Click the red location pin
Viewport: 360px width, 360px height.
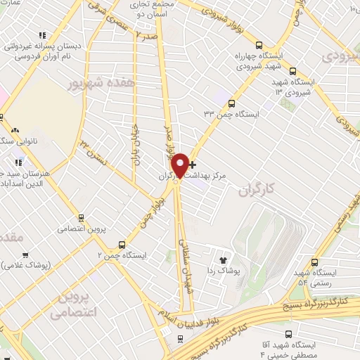pyautogui.click(x=181, y=165)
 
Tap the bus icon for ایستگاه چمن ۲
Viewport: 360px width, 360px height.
pyautogui.click(x=122, y=245)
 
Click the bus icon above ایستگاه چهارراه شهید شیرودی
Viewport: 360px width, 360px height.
pyautogui.click(x=259, y=43)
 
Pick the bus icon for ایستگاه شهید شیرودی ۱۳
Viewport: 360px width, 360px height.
pyautogui.click(x=292, y=71)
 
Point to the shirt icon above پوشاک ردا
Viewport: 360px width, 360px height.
pyautogui.click(x=226, y=259)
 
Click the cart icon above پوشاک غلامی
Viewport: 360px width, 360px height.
pyautogui.click(x=25, y=255)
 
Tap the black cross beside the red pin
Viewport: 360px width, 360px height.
pyautogui.click(x=192, y=164)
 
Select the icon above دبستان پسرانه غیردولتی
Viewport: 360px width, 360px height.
pyautogui.click(x=42, y=35)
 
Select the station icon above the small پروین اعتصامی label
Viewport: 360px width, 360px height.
pyautogui.click(x=82, y=217)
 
